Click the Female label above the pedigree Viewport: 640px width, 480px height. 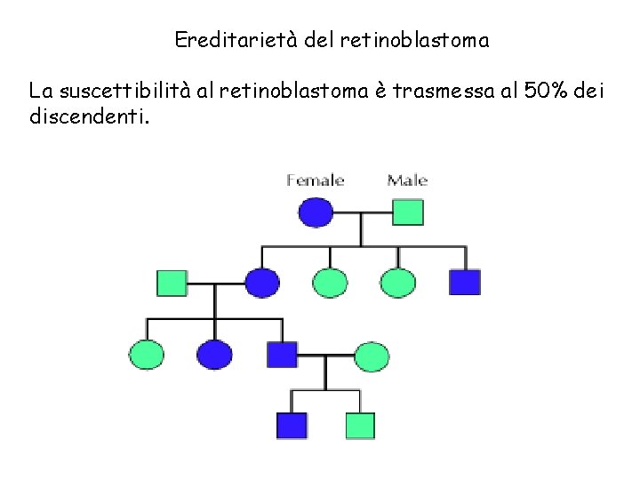[316, 180]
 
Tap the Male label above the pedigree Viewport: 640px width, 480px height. [407, 180]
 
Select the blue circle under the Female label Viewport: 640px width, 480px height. [316, 212]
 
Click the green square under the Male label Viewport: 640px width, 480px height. [408, 212]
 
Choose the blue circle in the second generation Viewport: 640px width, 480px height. [262, 283]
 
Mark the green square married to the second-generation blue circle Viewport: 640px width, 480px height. [172, 283]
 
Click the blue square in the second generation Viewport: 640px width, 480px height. [464, 283]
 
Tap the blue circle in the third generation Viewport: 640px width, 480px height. [214, 355]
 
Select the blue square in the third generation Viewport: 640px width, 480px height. [283, 355]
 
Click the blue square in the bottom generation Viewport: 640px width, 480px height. [292, 426]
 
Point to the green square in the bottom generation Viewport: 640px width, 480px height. [359, 426]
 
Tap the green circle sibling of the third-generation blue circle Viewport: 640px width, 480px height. [147, 355]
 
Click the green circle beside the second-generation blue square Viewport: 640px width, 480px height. [397, 283]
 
